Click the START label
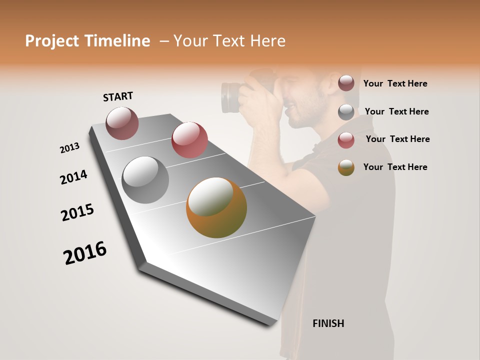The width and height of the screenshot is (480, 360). tap(118, 96)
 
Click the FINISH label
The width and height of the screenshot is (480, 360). tap(328, 323)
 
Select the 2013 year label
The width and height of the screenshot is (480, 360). tap(69, 148)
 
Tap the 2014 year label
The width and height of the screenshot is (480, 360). tap(73, 177)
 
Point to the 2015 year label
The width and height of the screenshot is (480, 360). tap(77, 212)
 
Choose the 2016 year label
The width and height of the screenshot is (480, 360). tap(85, 252)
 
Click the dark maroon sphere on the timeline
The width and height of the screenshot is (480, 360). tap(122, 123)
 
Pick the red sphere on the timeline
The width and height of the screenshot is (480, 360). tap(189, 140)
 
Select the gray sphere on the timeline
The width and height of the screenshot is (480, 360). tap(145, 180)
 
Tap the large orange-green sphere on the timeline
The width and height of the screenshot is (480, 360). tap(216, 207)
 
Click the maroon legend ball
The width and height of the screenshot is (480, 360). tap(346, 83)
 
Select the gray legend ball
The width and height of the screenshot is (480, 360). tap(346, 111)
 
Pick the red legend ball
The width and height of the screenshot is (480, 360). tap(346, 139)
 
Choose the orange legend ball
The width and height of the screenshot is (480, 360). tap(346, 167)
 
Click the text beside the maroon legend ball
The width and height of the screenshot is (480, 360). tap(395, 83)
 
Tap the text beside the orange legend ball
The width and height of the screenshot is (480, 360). tap(395, 167)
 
